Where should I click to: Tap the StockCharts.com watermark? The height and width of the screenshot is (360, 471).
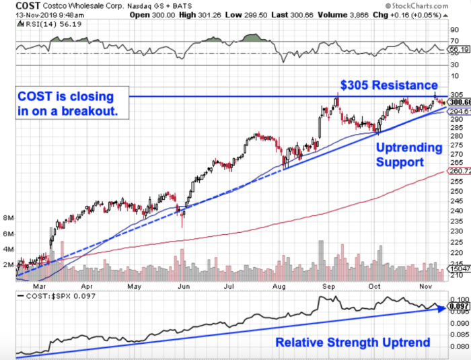pos(431,6)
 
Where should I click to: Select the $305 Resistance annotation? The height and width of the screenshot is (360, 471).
pos(389,85)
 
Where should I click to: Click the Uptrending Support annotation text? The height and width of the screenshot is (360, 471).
pos(408,155)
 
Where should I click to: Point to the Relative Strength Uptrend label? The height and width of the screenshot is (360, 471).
pos(353,343)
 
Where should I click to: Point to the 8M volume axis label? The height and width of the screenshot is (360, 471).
pos(9,218)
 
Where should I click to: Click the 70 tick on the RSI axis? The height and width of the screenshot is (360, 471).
pos(454,40)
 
